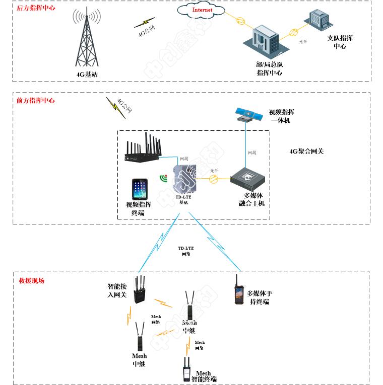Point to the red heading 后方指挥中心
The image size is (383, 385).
tap(36, 8)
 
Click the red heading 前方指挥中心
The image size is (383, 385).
tap(36, 100)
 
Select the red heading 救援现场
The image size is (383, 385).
tap(32, 280)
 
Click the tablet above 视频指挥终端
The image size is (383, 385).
tap(140, 189)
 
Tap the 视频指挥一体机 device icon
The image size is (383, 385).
tap(248, 115)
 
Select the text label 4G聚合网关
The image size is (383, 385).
tap(306, 150)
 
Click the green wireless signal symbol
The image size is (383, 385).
tap(163, 177)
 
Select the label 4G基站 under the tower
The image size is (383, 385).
tap(87, 74)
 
